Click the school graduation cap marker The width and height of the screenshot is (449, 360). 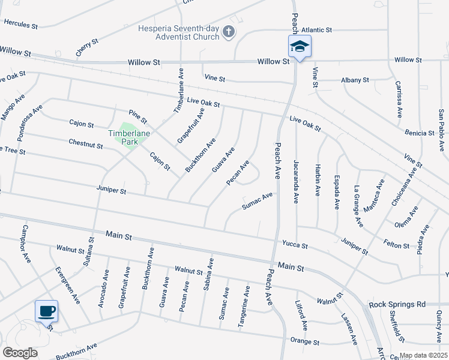pos(299,46)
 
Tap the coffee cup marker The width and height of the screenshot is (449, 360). pos(47,311)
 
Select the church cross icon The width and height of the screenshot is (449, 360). pos(229,32)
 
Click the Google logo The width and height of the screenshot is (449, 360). pos(20,353)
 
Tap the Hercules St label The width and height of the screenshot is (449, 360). pos(20,25)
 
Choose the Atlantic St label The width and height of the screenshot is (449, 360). pos(317,29)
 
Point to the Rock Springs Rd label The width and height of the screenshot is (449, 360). pos(397,304)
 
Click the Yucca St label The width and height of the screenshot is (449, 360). pos(295,245)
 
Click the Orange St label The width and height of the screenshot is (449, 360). pos(305,343)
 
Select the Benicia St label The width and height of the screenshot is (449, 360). pos(420,133)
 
